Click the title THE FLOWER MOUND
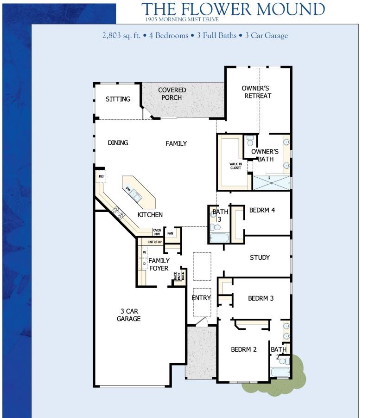tap(233, 9)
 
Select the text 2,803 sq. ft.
tap(123, 36)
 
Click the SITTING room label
tap(118, 99)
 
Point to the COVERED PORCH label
tap(172, 94)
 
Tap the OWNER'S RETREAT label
tap(256, 92)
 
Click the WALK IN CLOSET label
tap(235, 166)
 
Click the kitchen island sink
tap(135, 195)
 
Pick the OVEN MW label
tap(157, 232)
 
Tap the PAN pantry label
tap(171, 233)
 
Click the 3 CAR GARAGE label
tap(128, 315)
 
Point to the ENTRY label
tap(201, 298)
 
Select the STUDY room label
tap(260, 257)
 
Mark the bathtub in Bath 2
tap(280, 373)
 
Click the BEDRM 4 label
tap(262, 210)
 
